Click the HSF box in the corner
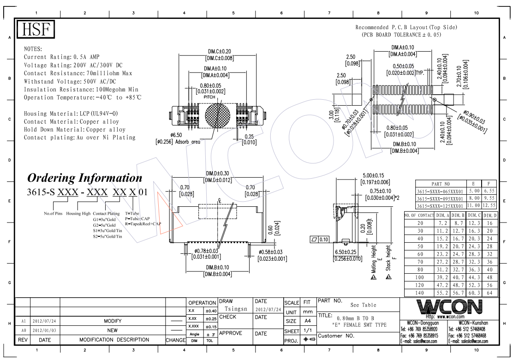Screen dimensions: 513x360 tap(36, 30)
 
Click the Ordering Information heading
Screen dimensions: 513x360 tap(85, 178)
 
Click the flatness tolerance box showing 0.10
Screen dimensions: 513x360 tap(319, 240)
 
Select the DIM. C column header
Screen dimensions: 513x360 tap(474, 216)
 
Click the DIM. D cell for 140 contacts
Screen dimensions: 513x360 tap(490, 293)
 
